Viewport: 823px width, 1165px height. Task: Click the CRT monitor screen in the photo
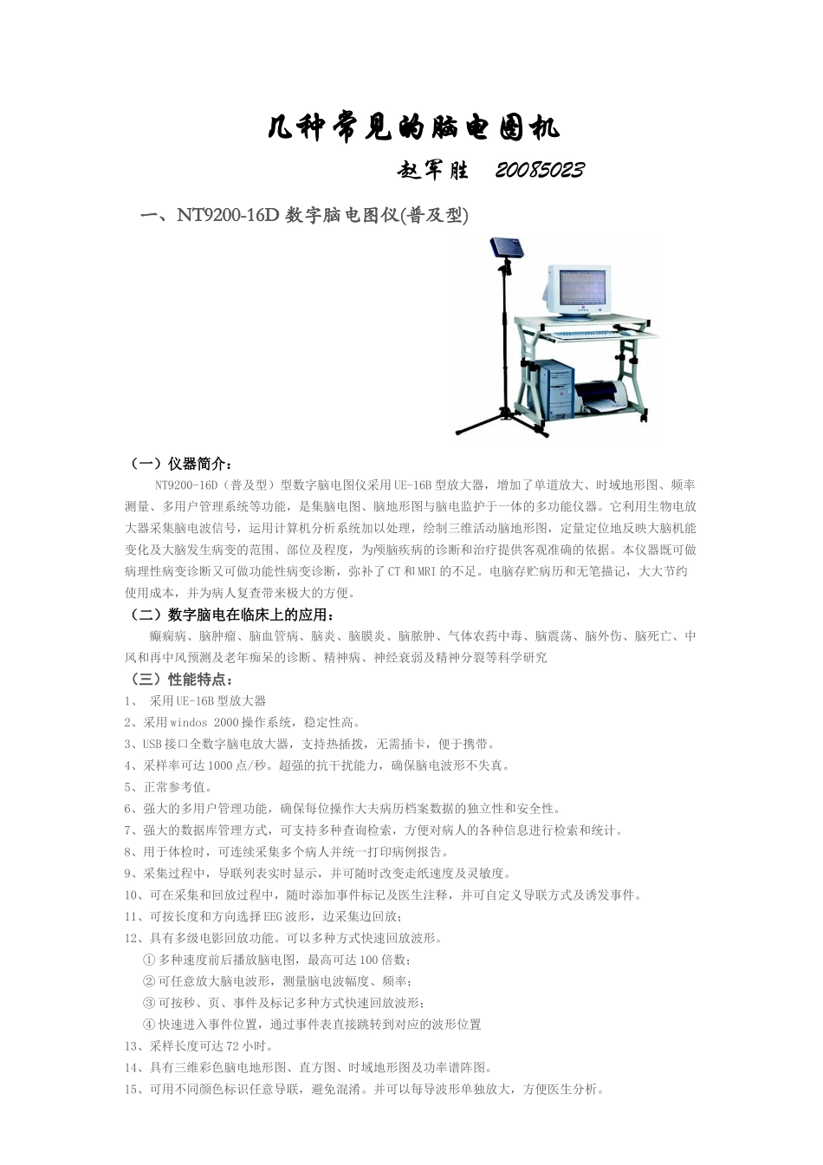tap(584, 291)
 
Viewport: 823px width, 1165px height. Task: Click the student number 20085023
tap(539, 170)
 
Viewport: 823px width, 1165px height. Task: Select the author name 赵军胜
tap(433, 170)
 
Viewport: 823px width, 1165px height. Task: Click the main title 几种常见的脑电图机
tap(412, 128)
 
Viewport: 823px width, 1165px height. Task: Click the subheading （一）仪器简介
tap(178, 463)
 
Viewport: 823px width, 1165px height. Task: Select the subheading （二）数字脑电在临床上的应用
tap(230, 615)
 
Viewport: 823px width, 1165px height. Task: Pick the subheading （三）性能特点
tap(178, 680)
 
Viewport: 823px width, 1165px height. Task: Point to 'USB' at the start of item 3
tap(152, 744)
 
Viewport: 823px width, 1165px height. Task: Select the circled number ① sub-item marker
tap(148, 960)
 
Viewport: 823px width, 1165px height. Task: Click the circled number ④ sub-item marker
tap(148, 1025)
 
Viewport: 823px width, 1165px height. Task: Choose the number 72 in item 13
tap(232, 1046)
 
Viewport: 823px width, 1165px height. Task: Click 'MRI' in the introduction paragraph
tap(427, 571)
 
